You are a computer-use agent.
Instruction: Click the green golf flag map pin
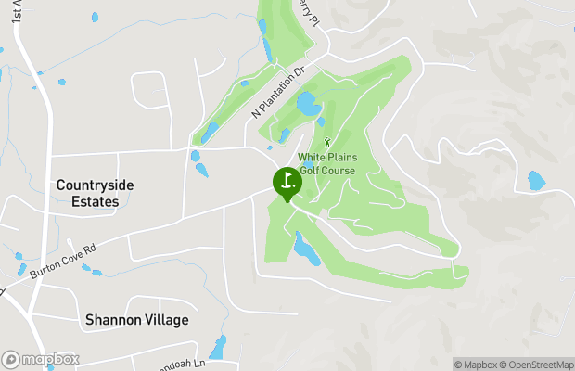pos(286,182)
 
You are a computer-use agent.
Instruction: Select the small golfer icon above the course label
pos(326,142)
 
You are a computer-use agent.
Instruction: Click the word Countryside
pos(95,185)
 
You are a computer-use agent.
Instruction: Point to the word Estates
pos(87,201)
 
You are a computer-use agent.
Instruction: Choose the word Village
pos(166,320)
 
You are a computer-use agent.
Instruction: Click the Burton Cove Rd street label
pos(63,262)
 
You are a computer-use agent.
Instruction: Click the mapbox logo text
pos(49,359)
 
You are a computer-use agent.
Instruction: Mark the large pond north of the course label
pos(308,104)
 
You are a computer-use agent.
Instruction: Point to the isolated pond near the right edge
pos(536,180)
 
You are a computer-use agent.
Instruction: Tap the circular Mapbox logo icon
pos(11,359)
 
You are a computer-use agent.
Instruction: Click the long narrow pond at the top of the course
pos(267,47)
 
